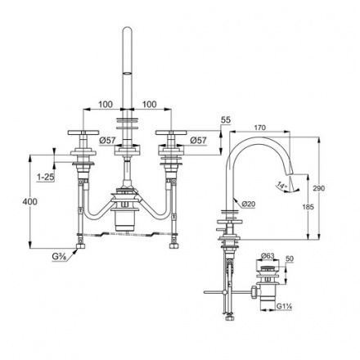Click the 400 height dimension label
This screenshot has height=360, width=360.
tap(29, 202)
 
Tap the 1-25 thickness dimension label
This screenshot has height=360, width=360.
tap(46, 178)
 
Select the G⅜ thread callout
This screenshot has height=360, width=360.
tap(60, 257)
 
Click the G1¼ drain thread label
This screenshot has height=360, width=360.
tap(285, 306)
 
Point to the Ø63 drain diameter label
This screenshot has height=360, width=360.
tap(268, 256)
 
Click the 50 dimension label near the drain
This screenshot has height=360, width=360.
tap(290, 259)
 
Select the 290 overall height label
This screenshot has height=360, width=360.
tap(319, 188)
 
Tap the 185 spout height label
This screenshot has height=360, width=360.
tap(308, 207)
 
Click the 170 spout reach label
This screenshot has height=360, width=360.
tap(260, 128)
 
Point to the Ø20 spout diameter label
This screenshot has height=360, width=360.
tap(248, 204)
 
